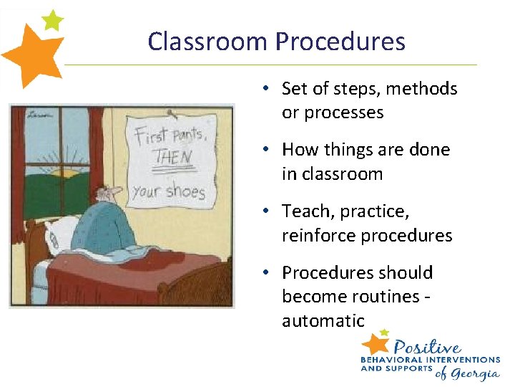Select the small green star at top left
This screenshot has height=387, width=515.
52,20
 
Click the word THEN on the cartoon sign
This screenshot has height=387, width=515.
173,157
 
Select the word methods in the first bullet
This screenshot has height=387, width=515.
422,89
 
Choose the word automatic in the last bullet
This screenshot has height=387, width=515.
323,320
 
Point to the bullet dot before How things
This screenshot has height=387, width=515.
265,150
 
